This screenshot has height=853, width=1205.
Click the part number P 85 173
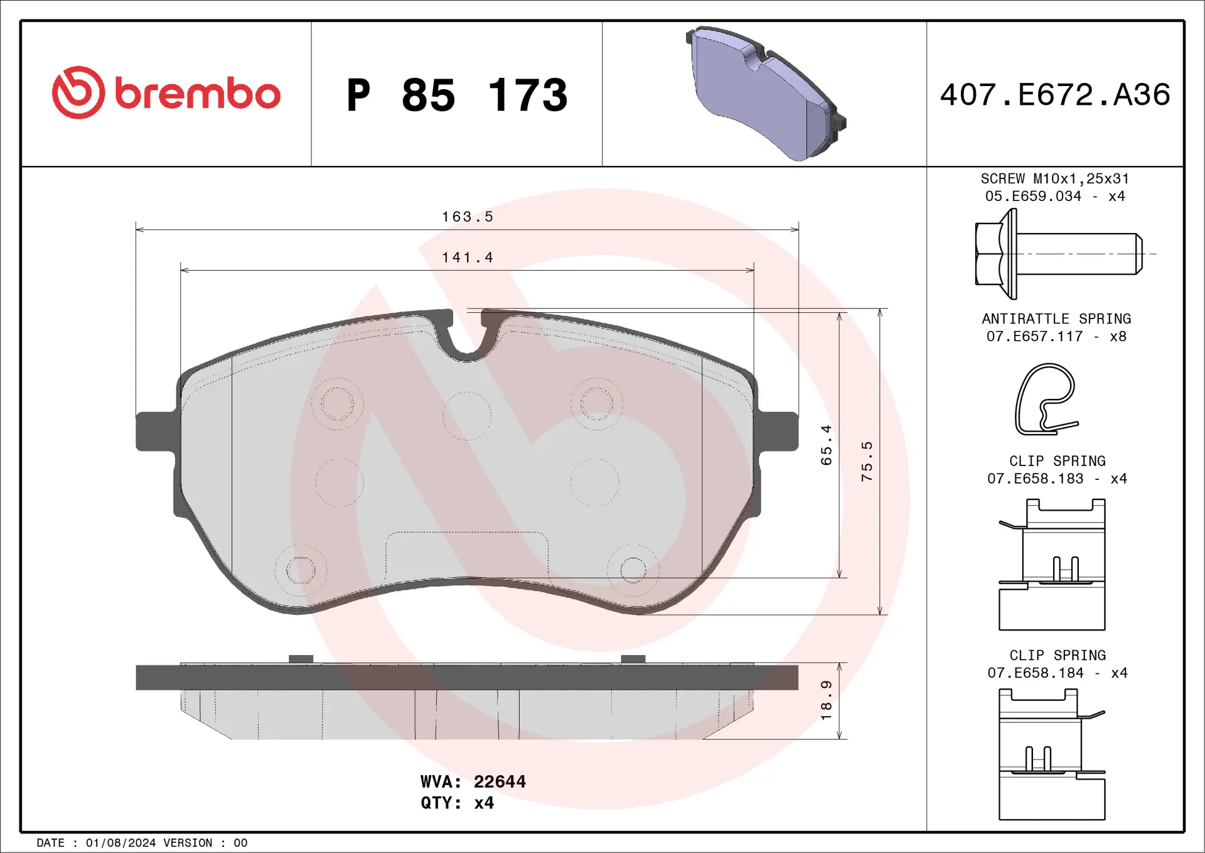[x=457, y=95]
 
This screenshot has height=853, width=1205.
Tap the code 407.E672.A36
[x=1055, y=95]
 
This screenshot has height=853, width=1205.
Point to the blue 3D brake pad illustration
[x=766, y=94]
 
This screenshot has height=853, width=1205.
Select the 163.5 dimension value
[x=468, y=217]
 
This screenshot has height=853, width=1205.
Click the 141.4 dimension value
[x=468, y=258]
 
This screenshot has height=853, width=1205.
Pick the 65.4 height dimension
[x=826, y=445]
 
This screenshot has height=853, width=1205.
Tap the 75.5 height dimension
[x=867, y=461]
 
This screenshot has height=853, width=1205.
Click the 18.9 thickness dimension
[x=826, y=700]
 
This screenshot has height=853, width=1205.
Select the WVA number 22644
[x=500, y=781]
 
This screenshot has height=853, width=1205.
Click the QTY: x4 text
[x=457, y=803]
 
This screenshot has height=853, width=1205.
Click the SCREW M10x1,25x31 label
[x=1055, y=178]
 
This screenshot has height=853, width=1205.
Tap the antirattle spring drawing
[x=1047, y=399]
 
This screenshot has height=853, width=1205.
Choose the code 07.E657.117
[x=1034, y=336]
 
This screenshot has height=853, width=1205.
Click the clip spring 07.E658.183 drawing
[x=1052, y=564]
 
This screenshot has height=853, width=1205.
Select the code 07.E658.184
[x=1036, y=673]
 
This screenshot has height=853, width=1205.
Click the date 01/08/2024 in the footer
[x=120, y=843]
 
